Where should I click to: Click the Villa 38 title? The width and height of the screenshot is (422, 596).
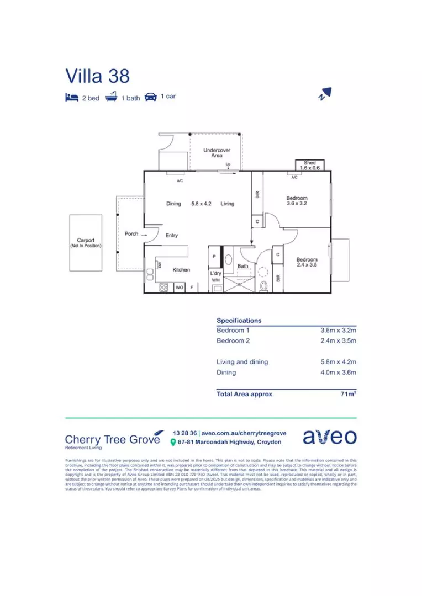pos(98,76)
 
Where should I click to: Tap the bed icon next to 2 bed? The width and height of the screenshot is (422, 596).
pos(72,98)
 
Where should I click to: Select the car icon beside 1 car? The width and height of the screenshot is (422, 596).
pos(150,97)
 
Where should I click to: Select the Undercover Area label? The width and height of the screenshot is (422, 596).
pos(217,153)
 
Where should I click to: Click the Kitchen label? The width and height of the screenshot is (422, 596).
pos(181,270)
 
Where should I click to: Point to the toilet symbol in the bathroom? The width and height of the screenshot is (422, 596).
pos(264,286)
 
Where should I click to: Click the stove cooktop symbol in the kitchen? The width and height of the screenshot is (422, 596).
pos(164,287)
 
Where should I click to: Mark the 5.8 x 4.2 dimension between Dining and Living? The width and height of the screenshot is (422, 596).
pos(201,204)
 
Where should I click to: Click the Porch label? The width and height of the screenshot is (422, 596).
pos(131,233)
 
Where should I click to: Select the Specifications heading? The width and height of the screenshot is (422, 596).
pos(239,321)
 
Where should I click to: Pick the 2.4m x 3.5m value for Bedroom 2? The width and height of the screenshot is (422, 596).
pos(338,341)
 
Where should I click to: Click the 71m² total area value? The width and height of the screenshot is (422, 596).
pos(348,394)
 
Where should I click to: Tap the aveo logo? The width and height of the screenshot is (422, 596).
pos(329,437)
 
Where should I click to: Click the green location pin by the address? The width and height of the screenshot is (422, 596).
pos(173,443)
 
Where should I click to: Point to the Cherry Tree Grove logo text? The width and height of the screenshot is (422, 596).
pos(113,439)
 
